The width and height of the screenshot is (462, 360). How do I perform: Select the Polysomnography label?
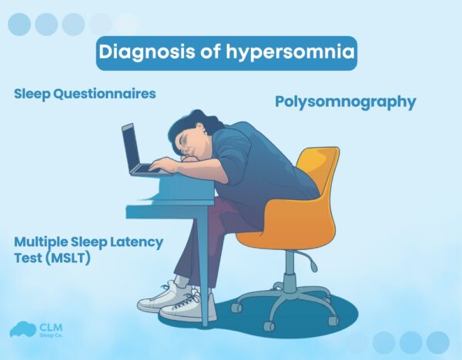pos(345,102)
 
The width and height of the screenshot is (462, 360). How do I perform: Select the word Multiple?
pos(41,242)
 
